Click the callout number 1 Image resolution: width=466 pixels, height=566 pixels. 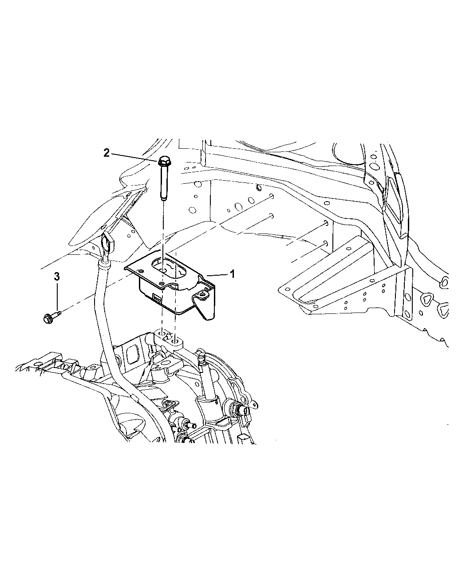(232, 274)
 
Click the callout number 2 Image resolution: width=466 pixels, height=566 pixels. (106, 153)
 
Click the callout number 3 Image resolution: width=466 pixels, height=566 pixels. (56, 277)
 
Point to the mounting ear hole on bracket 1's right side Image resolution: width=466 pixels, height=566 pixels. (204, 293)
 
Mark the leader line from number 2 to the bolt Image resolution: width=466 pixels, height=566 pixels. (133, 156)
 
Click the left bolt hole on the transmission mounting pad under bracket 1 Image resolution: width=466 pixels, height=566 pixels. (162, 333)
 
